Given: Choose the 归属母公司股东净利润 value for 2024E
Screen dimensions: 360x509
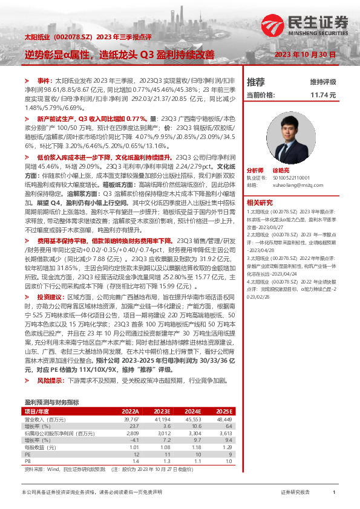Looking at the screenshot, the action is click(x=191, y=433).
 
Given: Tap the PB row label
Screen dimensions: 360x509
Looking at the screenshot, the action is click(x=27, y=461).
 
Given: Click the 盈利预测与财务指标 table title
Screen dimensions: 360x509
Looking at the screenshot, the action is click(x=51, y=401).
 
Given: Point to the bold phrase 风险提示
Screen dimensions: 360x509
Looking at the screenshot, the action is click(x=49, y=381).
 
